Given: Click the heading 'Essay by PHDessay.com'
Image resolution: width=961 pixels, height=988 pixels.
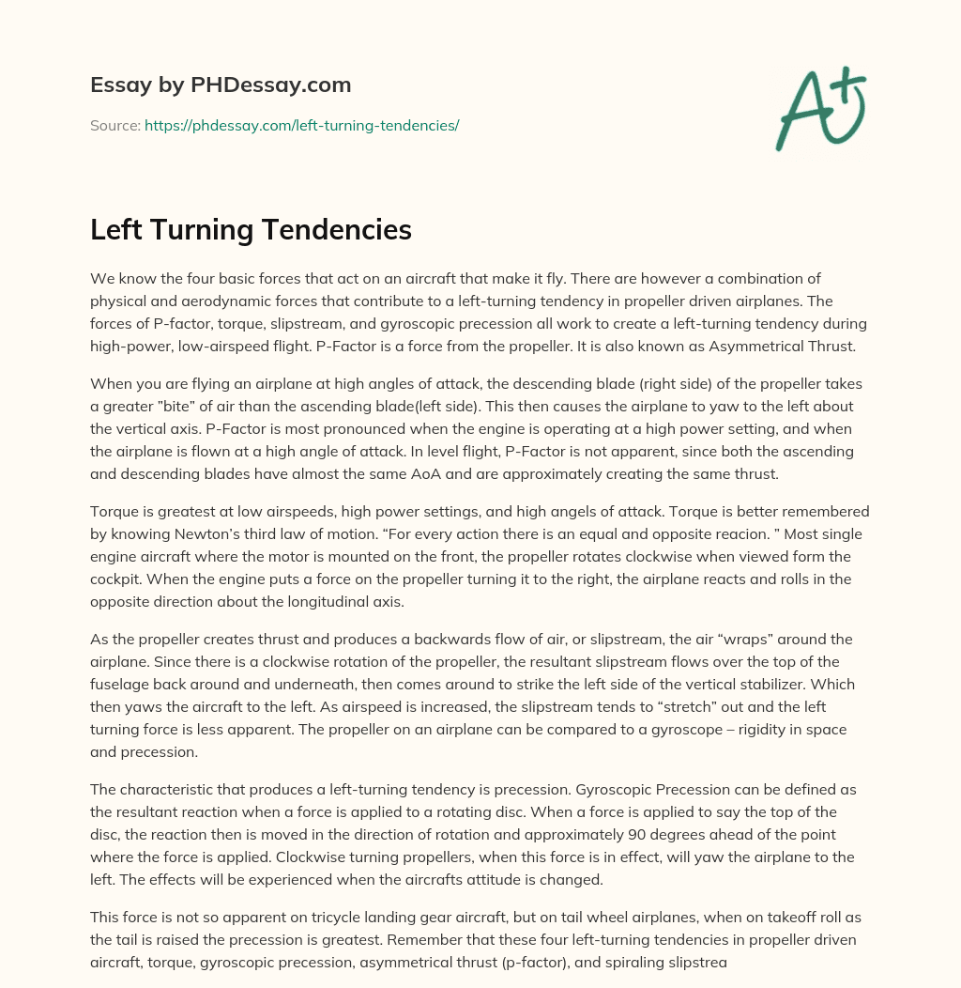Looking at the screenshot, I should pos(221,85).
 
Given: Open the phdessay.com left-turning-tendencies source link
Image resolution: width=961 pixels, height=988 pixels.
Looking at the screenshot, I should pos(301,125).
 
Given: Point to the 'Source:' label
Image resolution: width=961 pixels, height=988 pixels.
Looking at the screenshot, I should pos(115,125).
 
